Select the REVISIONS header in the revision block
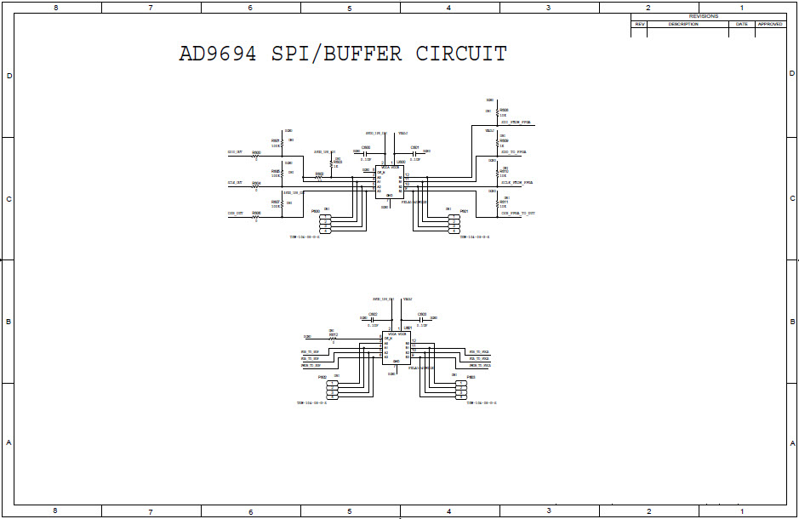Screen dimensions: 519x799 (703, 16)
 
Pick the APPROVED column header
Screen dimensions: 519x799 (770, 24)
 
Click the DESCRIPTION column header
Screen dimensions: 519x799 (682, 24)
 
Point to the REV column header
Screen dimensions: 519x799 (640, 24)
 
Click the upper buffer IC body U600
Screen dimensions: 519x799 (389, 181)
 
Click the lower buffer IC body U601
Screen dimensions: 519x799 (395, 348)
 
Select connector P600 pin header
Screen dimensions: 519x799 (325, 224)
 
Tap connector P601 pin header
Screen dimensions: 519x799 (454, 224)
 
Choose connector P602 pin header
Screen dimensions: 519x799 (332, 390)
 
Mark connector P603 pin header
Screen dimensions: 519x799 (460, 390)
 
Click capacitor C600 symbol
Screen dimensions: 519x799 (366, 152)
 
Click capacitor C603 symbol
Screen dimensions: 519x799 (421, 319)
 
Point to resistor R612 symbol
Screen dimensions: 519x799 (333, 339)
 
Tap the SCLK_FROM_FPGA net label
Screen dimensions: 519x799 (516, 183)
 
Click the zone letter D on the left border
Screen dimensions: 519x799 (9, 76)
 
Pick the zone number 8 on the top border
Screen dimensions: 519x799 (55, 8)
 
